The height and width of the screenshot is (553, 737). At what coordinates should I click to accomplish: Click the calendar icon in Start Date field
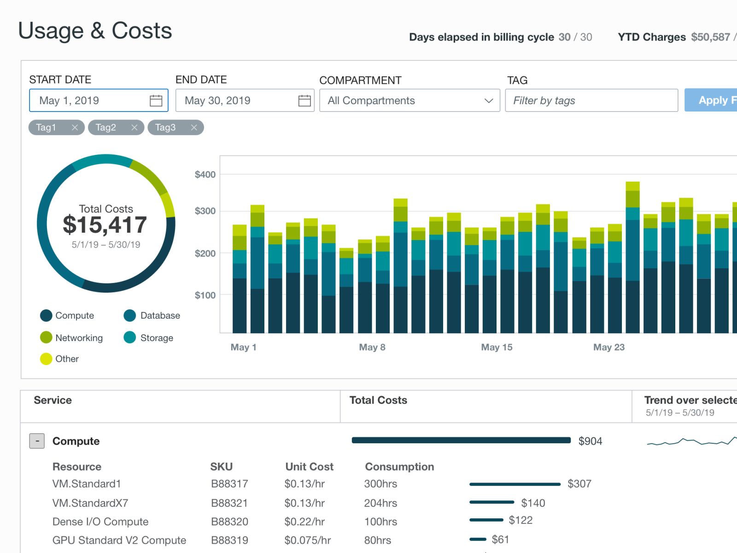coord(156,100)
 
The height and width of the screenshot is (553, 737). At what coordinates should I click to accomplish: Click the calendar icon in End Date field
coord(304,100)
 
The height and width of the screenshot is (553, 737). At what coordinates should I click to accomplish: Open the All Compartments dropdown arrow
coord(489,100)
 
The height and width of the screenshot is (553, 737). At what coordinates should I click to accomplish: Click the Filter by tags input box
coord(591,100)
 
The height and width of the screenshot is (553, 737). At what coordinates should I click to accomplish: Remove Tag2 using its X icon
coord(135,128)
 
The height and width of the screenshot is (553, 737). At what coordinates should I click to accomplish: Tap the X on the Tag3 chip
coord(194,128)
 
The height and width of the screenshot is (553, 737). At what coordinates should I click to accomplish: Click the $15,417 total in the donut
coord(105,225)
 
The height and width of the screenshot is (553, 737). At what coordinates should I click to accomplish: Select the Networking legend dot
coord(46,338)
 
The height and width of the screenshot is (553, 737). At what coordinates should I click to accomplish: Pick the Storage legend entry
coord(156,338)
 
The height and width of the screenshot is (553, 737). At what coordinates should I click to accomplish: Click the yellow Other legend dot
coord(46,359)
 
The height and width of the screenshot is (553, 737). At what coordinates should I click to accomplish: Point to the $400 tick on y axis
coord(205,175)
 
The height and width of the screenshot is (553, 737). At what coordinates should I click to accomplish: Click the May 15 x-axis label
coord(497,347)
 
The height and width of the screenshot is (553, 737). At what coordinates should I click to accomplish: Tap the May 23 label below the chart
coord(608,347)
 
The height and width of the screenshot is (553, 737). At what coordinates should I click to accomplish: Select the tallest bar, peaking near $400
coord(632,258)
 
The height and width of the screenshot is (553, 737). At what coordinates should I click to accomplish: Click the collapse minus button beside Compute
coord(37,441)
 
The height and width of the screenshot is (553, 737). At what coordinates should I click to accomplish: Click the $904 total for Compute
coord(590,441)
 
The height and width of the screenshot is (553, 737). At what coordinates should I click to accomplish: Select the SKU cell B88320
coord(229,522)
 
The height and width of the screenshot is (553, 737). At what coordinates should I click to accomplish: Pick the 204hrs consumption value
coord(380,503)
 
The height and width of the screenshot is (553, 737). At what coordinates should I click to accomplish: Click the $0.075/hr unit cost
coord(307,540)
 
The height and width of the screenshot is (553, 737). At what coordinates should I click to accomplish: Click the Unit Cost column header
coord(309,467)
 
